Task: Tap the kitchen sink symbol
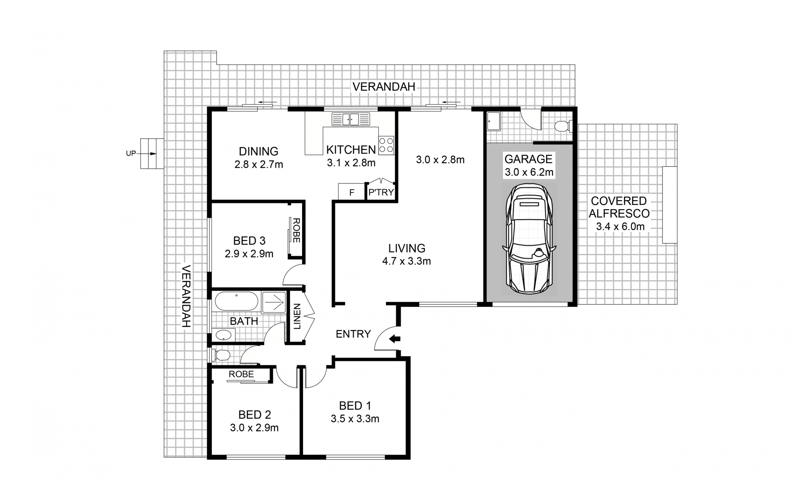coord(351,119)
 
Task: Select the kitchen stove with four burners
coord(386,145)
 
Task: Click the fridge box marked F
coord(352,192)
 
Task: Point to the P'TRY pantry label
coord(381,193)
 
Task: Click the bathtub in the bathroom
coord(236,301)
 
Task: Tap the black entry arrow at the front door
coord(394,339)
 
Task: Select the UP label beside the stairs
coord(131,153)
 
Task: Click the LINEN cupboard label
coord(297,317)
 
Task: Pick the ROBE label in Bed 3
coord(296,230)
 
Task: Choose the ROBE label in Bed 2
coord(241,374)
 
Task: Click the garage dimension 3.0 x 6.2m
coord(529,172)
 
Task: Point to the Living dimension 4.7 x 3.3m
coord(406,261)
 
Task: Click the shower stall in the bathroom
coord(273,302)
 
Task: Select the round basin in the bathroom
coord(223,335)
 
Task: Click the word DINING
coord(259,151)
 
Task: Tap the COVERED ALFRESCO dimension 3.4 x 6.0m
coord(620,227)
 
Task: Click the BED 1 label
coord(355,406)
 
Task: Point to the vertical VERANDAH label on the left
coord(186,296)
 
